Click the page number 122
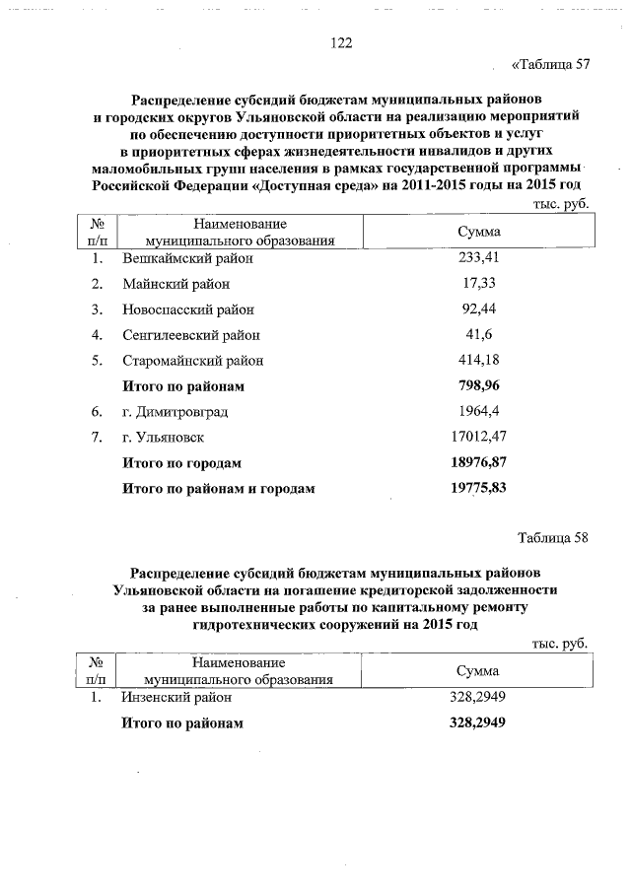coord(341,42)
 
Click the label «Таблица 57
coord(551,65)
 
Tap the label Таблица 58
coord(552,537)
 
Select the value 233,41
coord(478,258)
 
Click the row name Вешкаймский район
coord(187,258)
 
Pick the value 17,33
coord(478,284)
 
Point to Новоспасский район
coord(187,309)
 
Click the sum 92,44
coord(478,309)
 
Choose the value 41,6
coord(478,335)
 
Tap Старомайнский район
coord(192,361)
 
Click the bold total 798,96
coord(478,385)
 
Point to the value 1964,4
coord(478,411)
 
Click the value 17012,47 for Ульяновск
coord(478,437)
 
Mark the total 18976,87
coord(478,462)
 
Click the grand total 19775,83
coord(478,488)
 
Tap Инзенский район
coord(177,697)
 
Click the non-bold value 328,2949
coord(477,697)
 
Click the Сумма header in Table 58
coord(477,671)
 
